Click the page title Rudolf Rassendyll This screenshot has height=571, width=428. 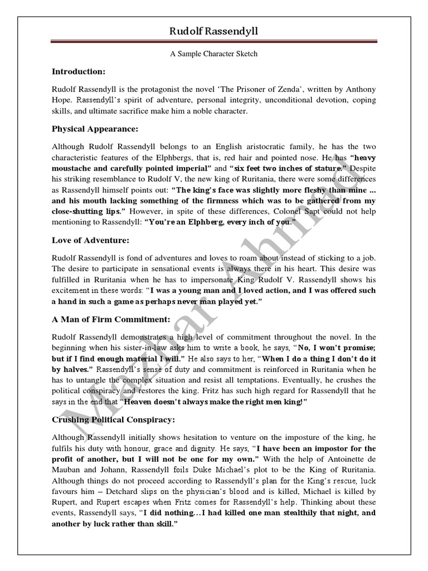tap(214, 32)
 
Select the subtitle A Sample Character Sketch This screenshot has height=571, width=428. tap(214, 55)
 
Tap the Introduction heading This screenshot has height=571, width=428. tap(78, 71)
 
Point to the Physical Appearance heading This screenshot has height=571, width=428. tap(95, 129)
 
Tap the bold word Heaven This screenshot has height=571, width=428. tap(140, 401)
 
